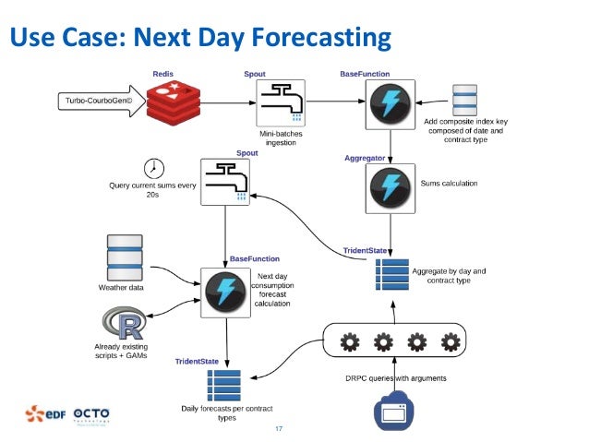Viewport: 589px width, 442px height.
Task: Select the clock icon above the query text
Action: pos(153,168)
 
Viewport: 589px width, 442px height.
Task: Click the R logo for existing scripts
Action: pos(125,323)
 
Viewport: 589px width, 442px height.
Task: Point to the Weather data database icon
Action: pos(125,258)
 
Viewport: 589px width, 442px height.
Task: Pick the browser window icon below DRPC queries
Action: pos(395,411)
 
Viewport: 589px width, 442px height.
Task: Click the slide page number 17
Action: pos(279,428)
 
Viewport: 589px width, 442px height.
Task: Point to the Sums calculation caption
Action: pos(449,184)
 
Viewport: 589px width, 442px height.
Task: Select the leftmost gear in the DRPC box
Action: pos(350,343)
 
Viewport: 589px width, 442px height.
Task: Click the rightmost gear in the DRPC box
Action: pos(451,343)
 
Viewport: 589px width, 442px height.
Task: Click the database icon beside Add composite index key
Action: pos(463,101)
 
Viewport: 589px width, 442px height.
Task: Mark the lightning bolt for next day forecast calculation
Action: pos(224,292)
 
